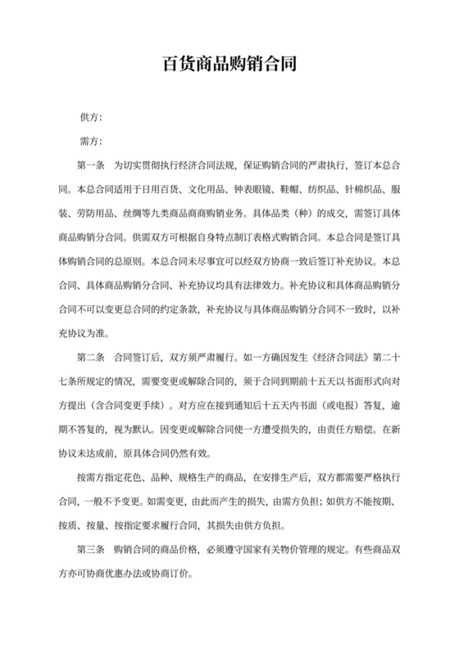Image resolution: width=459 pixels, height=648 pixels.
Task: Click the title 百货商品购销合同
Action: (229, 63)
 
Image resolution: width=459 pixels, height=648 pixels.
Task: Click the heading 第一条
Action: (92, 164)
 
